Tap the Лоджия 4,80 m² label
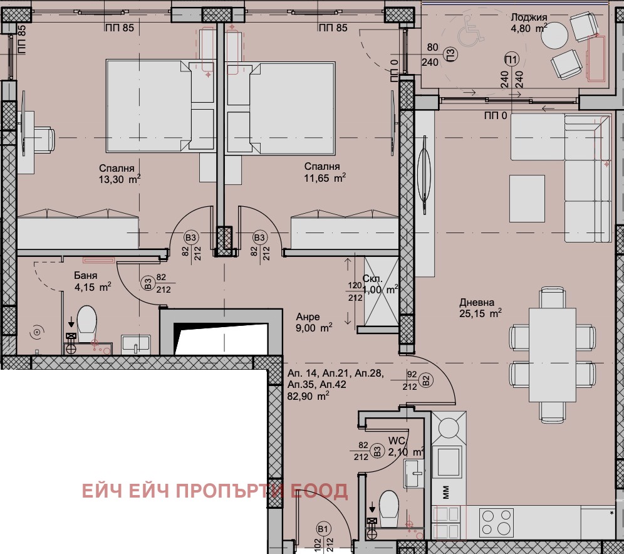[529, 22]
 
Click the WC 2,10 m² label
[405, 446]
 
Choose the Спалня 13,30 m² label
[118, 174]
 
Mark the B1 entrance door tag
[323, 530]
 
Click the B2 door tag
[425, 380]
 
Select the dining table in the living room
[552, 354]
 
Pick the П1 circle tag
[512, 60]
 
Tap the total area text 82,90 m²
[308, 396]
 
